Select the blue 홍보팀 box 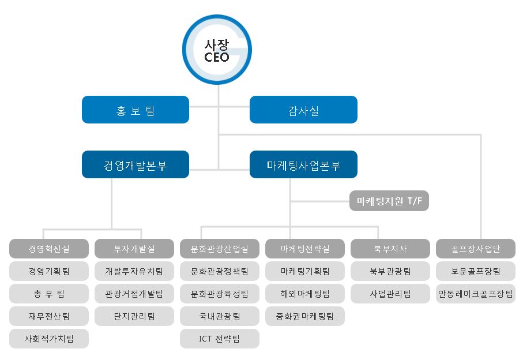pos(136,110)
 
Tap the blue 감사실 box pos(303,110)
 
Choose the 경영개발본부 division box pos(136,165)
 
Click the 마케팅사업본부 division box pos(303,165)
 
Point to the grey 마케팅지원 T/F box pos(389,201)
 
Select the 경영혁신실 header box pos(49,249)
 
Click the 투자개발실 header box pos(134,249)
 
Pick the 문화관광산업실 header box pos(220,249)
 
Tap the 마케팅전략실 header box pos(305,249)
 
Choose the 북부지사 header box pos(390,249)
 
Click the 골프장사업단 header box pos(476,249)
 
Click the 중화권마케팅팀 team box pos(305,316)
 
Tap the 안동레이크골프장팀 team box pos(476,294)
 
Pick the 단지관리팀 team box pos(134,316)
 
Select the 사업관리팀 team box pos(390,294)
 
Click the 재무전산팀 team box pos(49,316)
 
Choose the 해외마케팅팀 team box pos(305,294)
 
